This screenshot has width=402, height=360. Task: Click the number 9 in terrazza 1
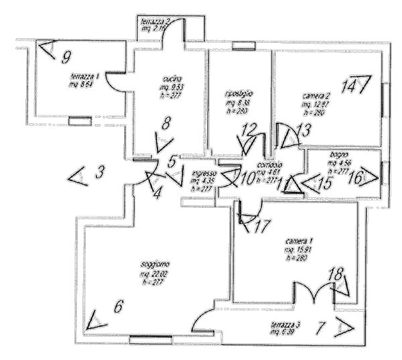(x=66, y=56)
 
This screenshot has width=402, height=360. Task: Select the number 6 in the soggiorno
(x=119, y=307)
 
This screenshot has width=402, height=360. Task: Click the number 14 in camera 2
(x=347, y=86)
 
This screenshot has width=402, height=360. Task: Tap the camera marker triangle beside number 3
(x=78, y=176)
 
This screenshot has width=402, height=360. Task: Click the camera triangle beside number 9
(x=45, y=48)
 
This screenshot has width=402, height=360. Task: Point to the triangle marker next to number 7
(x=345, y=327)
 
